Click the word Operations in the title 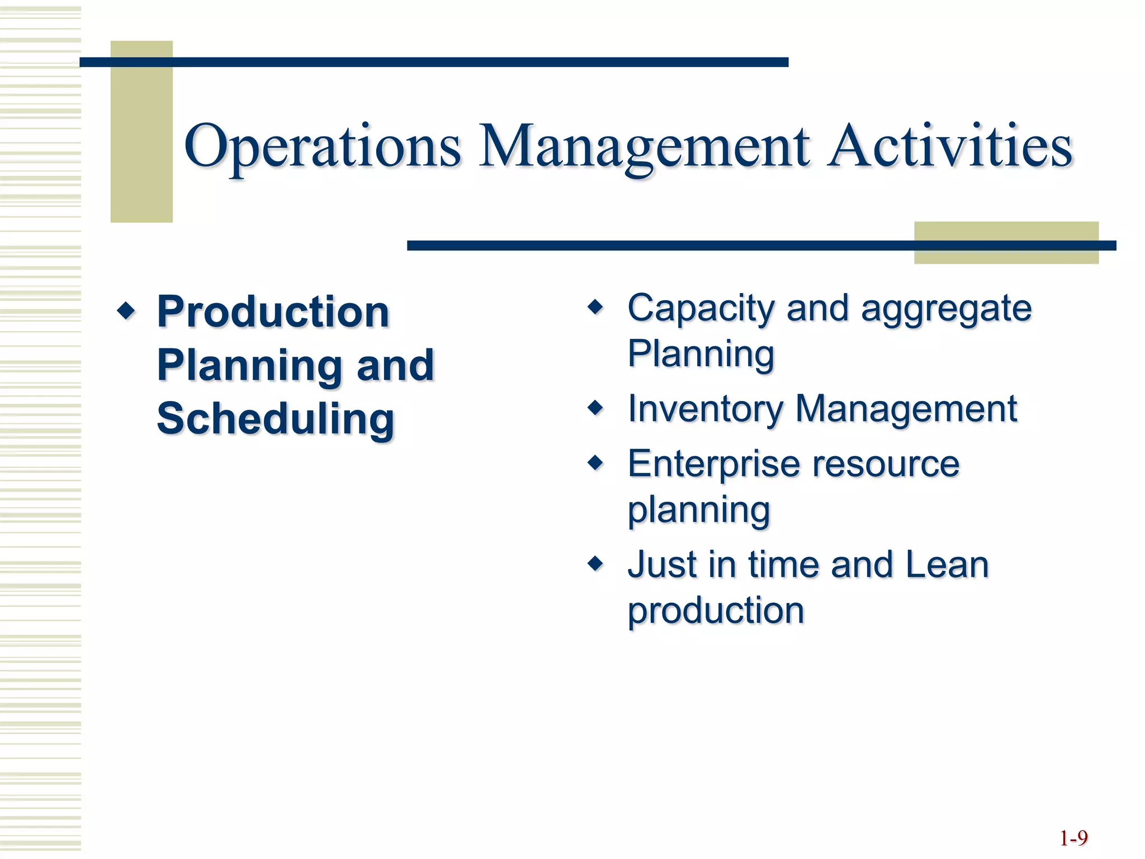point(323,147)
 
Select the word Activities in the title point(950,147)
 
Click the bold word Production point(273,311)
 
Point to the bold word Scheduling point(276,419)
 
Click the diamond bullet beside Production point(126,310)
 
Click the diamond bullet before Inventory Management point(596,407)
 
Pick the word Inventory point(705,409)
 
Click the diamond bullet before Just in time point(596,563)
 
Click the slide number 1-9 point(1073,838)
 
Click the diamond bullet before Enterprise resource point(596,462)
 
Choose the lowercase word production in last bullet point(716,610)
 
